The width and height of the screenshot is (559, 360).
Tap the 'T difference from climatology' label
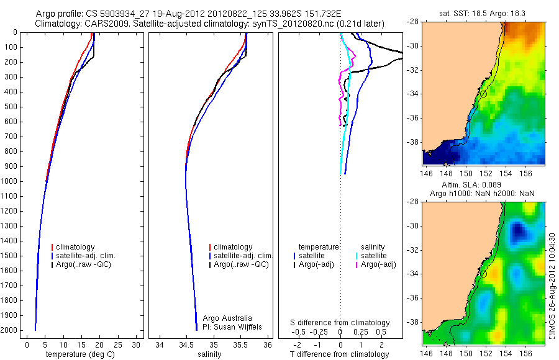coord(341,354)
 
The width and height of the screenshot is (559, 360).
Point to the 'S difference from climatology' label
coord(340,323)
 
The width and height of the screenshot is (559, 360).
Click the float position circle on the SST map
coord(483,94)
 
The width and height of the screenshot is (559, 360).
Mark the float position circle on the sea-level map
coord(483,274)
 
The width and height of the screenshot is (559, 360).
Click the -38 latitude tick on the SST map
coord(414,142)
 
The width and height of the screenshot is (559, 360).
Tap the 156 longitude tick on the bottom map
coord(525,353)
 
